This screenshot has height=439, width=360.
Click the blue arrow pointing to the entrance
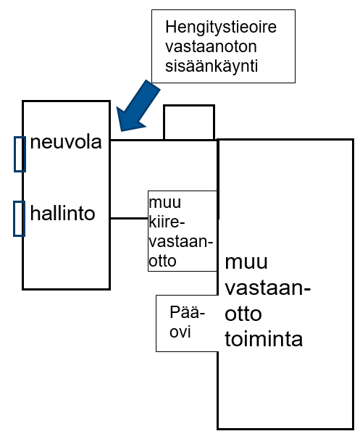pyautogui.click(x=138, y=106)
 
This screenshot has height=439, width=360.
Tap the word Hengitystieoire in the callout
pyautogui.click(x=221, y=28)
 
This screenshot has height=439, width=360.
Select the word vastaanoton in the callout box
pyautogui.click(x=211, y=47)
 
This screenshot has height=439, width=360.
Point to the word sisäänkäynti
pyautogui.click(x=212, y=67)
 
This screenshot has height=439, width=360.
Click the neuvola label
pyautogui.click(x=66, y=142)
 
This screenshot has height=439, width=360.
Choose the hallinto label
pyautogui.click(x=63, y=213)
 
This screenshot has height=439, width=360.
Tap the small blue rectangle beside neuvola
pyautogui.click(x=20, y=154)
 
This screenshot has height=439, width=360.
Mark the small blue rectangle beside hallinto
pyautogui.click(x=19, y=219)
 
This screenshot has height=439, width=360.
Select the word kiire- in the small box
pyautogui.click(x=167, y=222)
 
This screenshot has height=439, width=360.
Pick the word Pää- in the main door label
pyautogui.click(x=188, y=312)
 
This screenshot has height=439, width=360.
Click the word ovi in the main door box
pyautogui.click(x=180, y=332)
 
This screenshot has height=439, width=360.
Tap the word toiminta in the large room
pyautogui.click(x=264, y=339)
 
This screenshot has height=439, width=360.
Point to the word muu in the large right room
pyautogui.click(x=246, y=263)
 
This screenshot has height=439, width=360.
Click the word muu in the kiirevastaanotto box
pyautogui.click(x=165, y=203)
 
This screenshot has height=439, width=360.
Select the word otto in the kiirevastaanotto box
pyautogui.click(x=162, y=262)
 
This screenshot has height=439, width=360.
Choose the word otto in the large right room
pyautogui.click(x=243, y=314)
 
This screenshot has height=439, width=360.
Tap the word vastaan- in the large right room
pyautogui.click(x=268, y=288)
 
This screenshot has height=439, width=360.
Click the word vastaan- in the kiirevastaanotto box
pyautogui.click(x=181, y=241)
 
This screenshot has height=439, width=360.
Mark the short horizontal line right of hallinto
pyautogui.click(x=129, y=218)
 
